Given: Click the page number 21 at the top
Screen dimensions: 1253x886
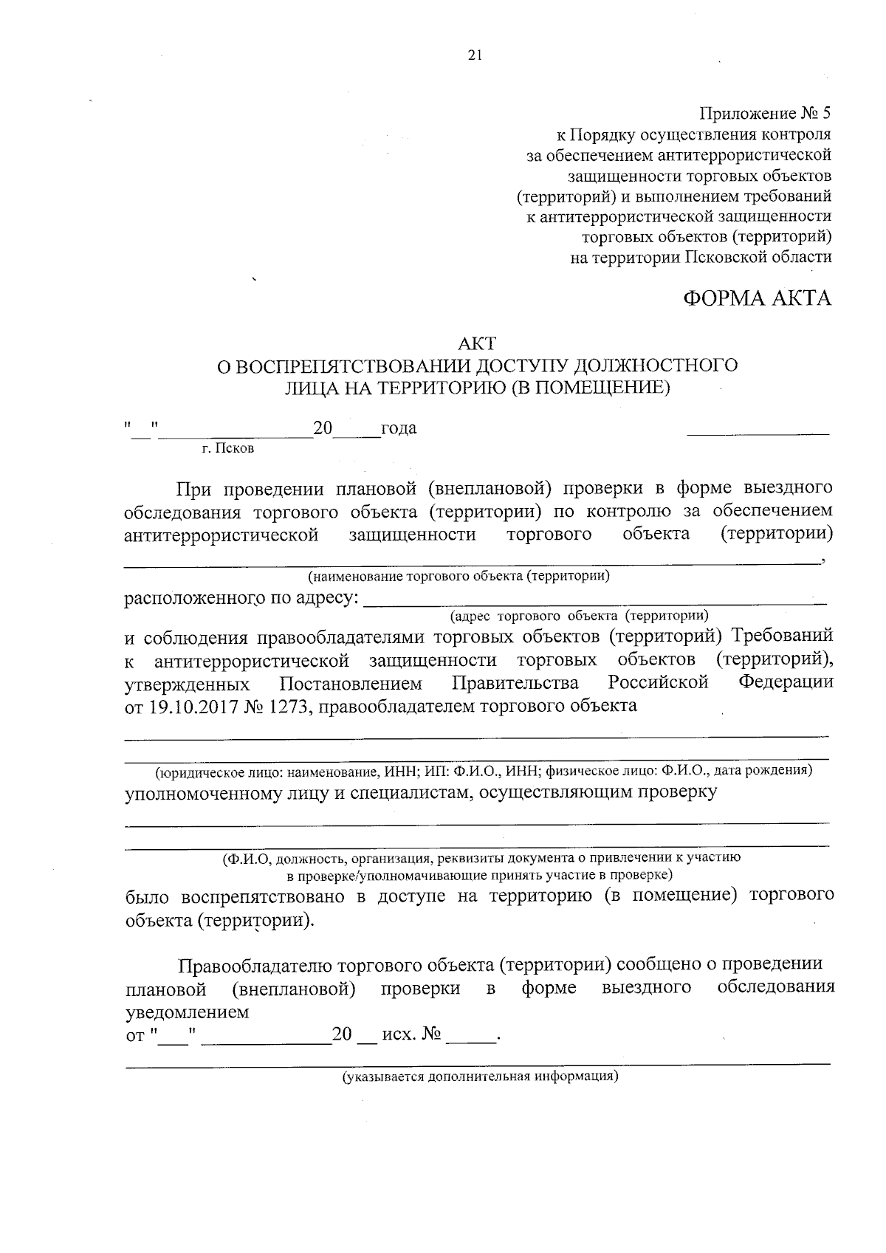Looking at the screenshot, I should point(475,54).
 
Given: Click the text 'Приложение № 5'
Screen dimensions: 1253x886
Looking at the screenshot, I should point(765,114).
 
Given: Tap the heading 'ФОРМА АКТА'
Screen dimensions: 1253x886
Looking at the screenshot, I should point(758,298).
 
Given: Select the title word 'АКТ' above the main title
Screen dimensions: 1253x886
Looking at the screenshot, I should point(478,343).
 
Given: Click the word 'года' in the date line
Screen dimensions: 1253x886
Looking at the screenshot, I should point(398,429).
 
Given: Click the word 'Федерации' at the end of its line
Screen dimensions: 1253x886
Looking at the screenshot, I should point(786,682).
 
